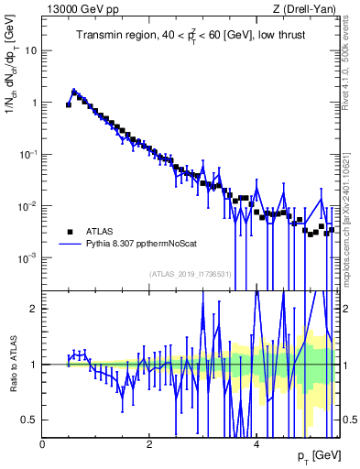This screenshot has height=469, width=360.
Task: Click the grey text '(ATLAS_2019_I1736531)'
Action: click(x=190, y=274)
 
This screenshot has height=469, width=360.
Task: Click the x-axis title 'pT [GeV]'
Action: click(x=320, y=455)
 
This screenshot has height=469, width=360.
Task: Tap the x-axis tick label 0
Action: click(x=43, y=443)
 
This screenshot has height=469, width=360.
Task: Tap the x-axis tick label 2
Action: click(x=149, y=443)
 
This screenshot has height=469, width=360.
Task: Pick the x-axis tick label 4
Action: click(x=256, y=443)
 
